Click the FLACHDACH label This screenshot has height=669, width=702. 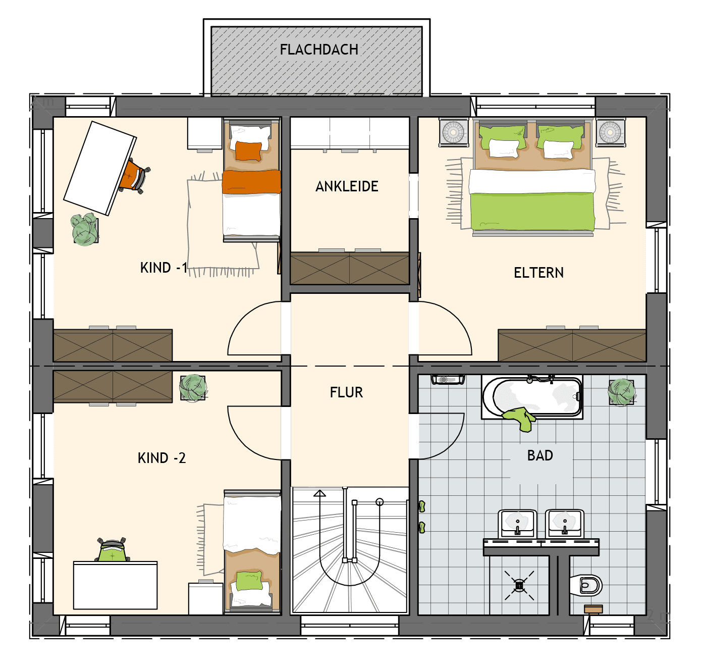[319, 49]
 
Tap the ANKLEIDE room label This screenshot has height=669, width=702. [347, 186]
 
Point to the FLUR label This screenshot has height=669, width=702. [346, 392]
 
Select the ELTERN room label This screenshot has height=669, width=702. [538, 273]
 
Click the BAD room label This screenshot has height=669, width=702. [540, 455]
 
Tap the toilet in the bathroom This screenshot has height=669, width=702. [585, 585]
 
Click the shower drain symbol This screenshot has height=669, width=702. [519, 585]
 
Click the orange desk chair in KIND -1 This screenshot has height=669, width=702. [134, 176]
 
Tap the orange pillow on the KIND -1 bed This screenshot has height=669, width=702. [249, 151]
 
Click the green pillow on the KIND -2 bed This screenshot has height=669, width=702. [249, 580]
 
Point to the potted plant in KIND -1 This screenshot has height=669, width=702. [85, 229]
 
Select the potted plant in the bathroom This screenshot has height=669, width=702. [622, 392]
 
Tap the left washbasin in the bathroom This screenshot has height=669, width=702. [517, 524]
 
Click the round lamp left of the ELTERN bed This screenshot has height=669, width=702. [454, 132]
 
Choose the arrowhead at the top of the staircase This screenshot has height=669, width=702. [319, 493]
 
